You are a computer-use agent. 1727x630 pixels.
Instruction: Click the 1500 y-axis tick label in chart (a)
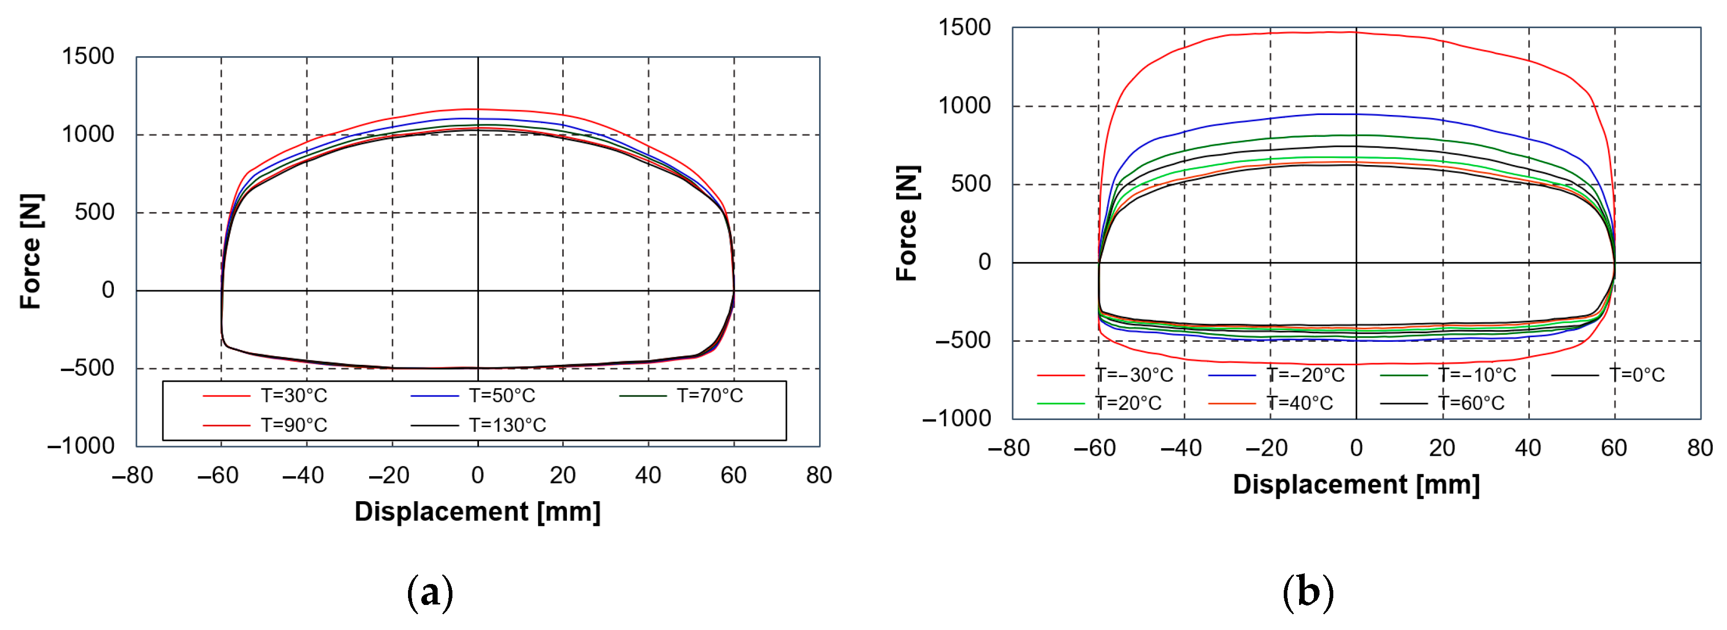pyautogui.click(x=88, y=56)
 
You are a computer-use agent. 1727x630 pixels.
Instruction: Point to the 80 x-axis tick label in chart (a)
pyautogui.click(x=819, y=476)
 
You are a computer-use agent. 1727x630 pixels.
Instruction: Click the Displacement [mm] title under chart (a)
pyautogui.click(x=477, y=512)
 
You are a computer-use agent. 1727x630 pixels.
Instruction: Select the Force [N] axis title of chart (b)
pyautogui.click(x=907, y=223)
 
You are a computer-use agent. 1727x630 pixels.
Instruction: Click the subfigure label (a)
pyautogui.click(x=430, y=593)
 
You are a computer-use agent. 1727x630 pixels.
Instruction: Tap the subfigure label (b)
pyautogui.click(x=1307, y=593)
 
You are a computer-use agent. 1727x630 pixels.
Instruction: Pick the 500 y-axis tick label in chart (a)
pyautogui.click(x=94, y=213)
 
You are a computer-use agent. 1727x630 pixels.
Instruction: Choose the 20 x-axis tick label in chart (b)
pyautogui.click(x=1442, y=448)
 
